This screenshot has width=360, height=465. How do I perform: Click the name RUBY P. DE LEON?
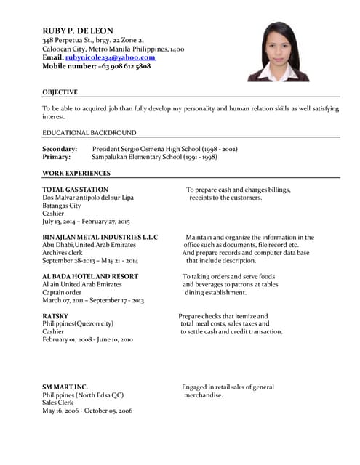[78, 30]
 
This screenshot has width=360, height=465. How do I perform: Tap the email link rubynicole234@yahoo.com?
[110, 57]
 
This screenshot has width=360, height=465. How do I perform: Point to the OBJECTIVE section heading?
[60, 92]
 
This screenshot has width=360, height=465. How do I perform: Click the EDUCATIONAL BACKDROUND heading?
[89, 133]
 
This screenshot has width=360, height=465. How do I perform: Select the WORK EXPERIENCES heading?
[76, 173]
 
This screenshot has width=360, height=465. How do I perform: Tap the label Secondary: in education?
[60, 149]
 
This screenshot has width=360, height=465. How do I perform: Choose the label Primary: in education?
[56, 157]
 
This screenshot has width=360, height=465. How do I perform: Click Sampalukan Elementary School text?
[138, 157]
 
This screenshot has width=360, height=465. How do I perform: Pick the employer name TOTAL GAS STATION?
[76, 190]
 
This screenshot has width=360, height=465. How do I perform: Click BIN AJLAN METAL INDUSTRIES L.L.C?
[100, 237]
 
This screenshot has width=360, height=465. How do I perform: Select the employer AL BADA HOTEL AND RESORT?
[89, 276]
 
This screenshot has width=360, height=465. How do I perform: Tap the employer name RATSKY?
[55, 316]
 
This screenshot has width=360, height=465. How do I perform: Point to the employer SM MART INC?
[65, 387]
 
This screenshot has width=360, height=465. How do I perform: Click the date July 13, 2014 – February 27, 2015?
[86, 222]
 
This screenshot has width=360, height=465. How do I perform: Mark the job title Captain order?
[62, 292]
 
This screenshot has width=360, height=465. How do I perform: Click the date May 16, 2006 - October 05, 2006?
[87, 411]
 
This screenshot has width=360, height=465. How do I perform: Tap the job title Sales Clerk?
[57, 403]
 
